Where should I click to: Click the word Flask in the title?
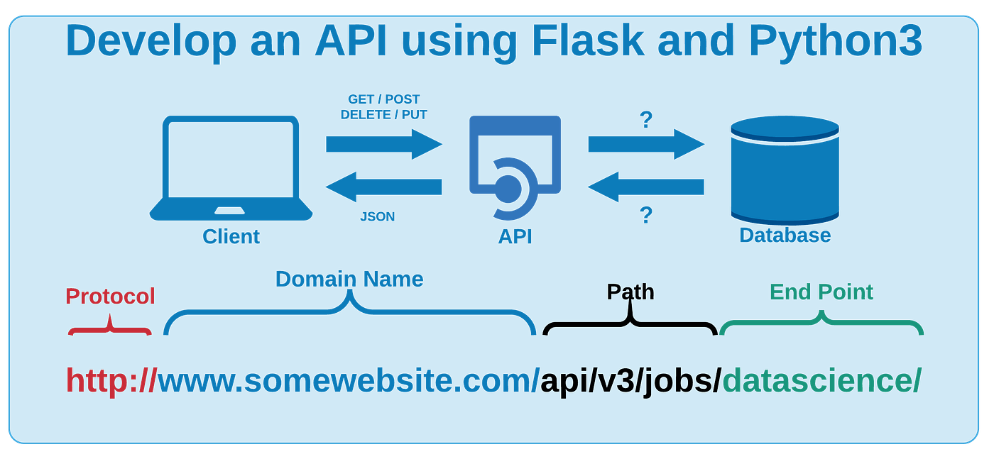(x=588, y=41)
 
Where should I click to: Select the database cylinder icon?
(x=785, y=170)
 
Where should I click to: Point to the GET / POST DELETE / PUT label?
(x=384, y=107)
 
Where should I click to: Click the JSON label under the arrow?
(x=377, y=217)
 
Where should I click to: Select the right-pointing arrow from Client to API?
(x=383, y=144)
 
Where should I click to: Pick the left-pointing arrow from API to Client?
(x=383, y=187)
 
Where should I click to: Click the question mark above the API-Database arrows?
(x=645, y=120)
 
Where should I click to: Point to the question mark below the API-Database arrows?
(x=645, y=215)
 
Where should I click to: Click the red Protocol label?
(x=110, y=296)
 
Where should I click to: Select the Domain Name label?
(x=349, y=279)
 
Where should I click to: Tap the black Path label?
(x=630, y=292)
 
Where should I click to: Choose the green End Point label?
(x=821, y=292)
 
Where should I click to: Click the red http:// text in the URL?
(x=111, y=381)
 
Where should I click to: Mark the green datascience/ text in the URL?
(x=821, y=381)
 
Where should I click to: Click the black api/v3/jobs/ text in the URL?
(x=630, y=381)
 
